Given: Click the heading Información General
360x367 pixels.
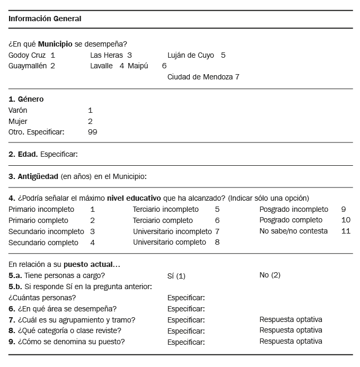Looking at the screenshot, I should [45, 19].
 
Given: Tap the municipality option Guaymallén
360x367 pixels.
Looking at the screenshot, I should [28, 66].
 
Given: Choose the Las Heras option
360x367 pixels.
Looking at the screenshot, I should [106, 55].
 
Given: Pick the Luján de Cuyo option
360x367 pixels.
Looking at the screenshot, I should [191, 55].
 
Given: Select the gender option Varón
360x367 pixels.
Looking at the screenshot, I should [18, 111].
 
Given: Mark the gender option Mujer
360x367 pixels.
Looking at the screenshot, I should [18, 121].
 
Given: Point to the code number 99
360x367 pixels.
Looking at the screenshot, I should [92, 132].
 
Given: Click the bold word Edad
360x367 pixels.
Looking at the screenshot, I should [27, 154].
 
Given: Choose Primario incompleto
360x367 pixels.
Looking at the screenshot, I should [41, 209].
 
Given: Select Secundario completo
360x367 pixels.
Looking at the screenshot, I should [43, 243].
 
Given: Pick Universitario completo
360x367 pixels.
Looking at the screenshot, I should [169, 243].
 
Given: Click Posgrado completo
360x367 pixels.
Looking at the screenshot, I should [291, 220].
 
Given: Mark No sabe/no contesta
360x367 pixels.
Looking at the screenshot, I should [293, 231].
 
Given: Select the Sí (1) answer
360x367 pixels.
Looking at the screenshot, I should [176, 275].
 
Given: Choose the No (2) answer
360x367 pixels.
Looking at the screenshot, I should [270, 275].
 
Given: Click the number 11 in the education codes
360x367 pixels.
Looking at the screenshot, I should [346, 231].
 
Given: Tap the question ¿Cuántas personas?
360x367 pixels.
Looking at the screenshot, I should [40, 298].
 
